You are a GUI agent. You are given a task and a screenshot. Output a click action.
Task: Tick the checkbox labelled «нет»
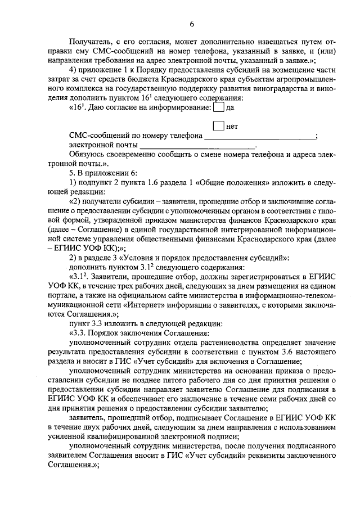tap(219, 126)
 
